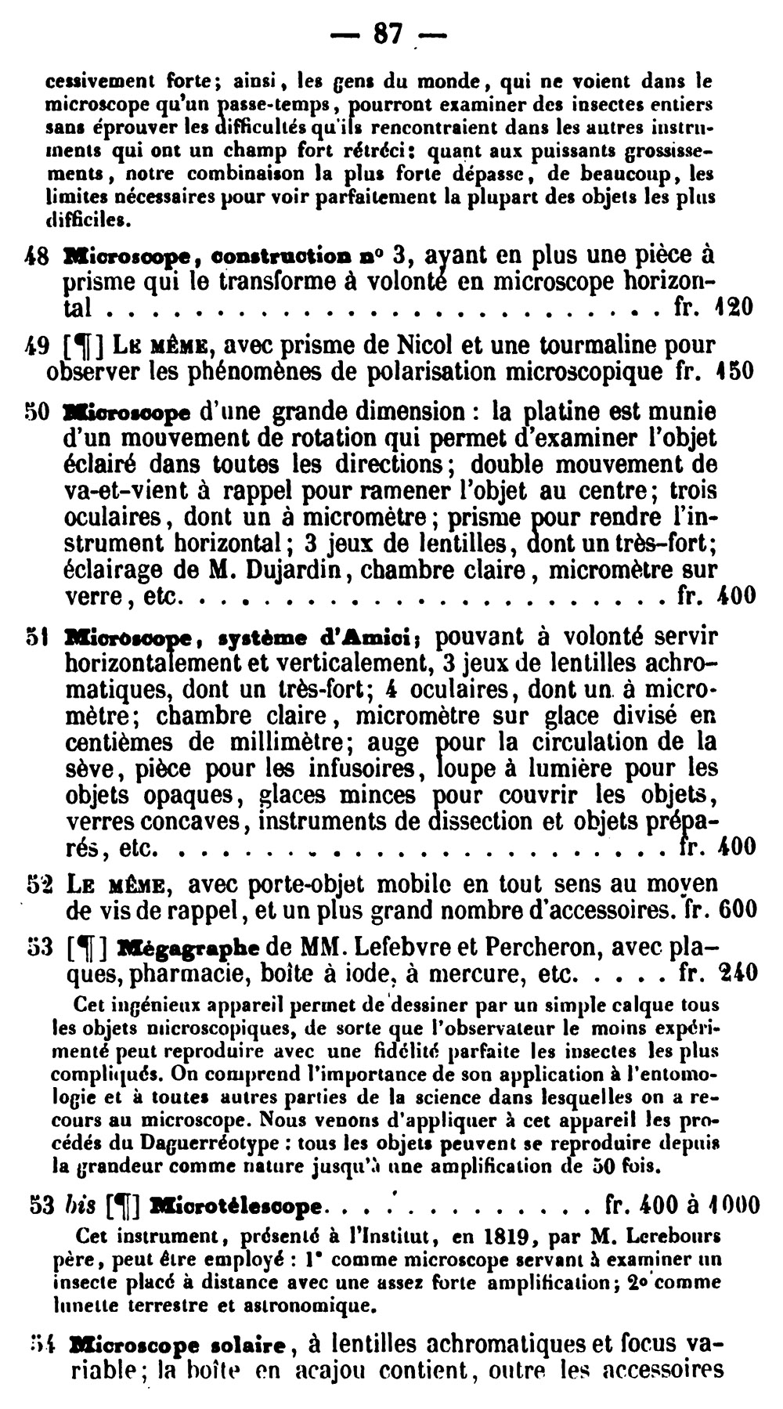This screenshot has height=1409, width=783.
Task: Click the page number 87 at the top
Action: [388, 34]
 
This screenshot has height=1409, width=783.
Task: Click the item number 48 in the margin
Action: [38, 256]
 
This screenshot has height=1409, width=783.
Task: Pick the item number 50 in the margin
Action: [38, 412]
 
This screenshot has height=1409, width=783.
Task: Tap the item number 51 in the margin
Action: [38, 637]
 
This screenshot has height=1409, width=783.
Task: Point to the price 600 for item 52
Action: [737, 910]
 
